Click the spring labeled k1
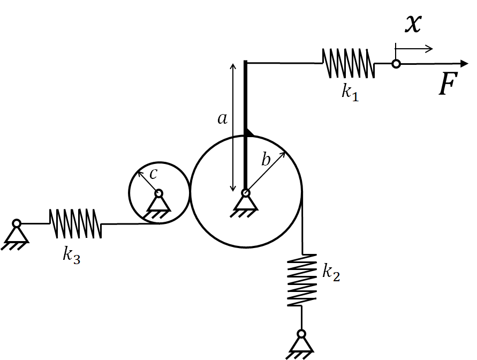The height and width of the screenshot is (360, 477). point(349,63)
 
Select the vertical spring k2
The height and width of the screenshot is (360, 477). point(302,280)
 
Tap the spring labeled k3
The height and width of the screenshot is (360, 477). point(75,223)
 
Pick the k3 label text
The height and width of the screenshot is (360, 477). point(72,254)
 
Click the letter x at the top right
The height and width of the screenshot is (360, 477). point(413,23)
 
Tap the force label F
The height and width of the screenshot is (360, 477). point(448,84)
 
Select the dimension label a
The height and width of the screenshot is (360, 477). point(222,118)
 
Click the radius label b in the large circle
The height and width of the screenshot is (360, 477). point(266,159)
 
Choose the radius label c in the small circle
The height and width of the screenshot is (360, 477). point(153,174)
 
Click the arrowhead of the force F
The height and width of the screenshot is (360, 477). point(465,64)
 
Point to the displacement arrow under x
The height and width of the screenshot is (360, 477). point(414,48)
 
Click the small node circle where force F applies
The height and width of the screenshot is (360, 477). point(396,64)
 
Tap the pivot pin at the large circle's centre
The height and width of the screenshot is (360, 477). point(246,193)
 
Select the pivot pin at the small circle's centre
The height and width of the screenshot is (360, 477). point(159,193)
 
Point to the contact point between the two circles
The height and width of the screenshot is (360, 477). point(190,192)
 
